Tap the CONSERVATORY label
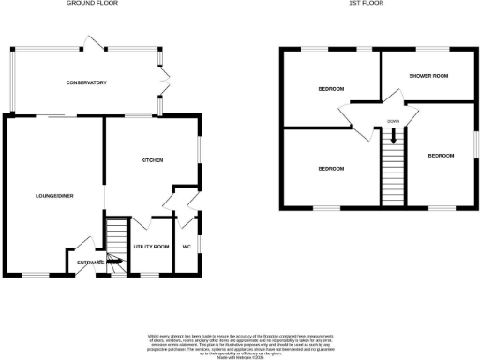click(x=86, y=83)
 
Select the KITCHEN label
click(x=153, y=160)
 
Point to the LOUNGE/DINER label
click(x=54, y=196)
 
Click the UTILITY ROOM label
click(x=151, y=247)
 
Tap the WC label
click(x=186, y=247)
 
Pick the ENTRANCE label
click(x=90, y=262)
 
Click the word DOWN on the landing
click(x=393, y=121)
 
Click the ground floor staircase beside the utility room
click(x=115, y=241)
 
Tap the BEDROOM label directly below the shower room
click(x=441, y=155)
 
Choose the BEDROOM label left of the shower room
click(x=330, y=89)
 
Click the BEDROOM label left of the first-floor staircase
click(x=330, y=169)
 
